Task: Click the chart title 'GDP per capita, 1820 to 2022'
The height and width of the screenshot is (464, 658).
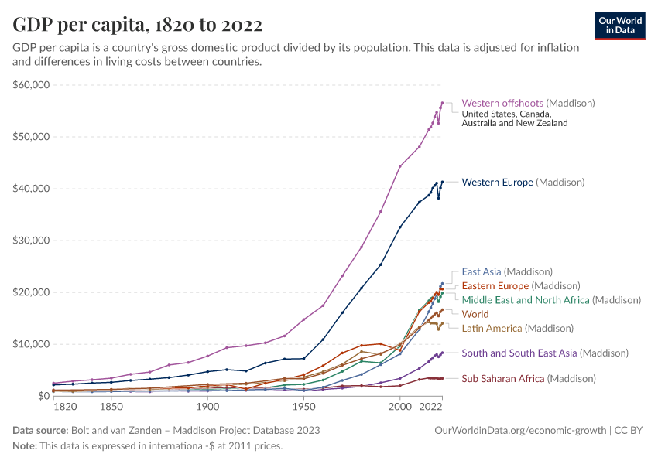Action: (137, 25)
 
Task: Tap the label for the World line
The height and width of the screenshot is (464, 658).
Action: (475, 315)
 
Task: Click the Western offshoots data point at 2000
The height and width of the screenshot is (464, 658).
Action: (400, 166)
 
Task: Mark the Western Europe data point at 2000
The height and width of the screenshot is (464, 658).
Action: (400, 227)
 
